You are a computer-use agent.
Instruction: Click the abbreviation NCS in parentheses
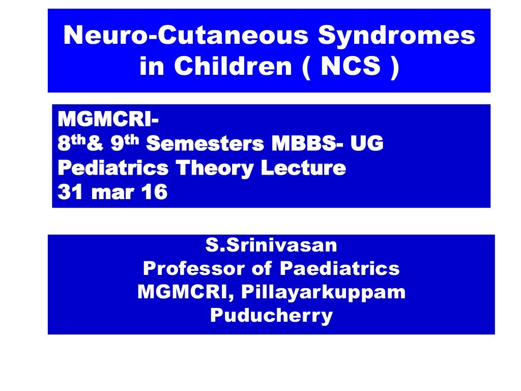tap(354, 67)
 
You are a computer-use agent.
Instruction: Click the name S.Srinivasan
tap(271, 246)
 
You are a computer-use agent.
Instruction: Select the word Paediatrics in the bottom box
tap(339, 269)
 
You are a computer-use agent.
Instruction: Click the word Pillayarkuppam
tap(324, 292)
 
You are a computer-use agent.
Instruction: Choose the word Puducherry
tap(271, 316)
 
